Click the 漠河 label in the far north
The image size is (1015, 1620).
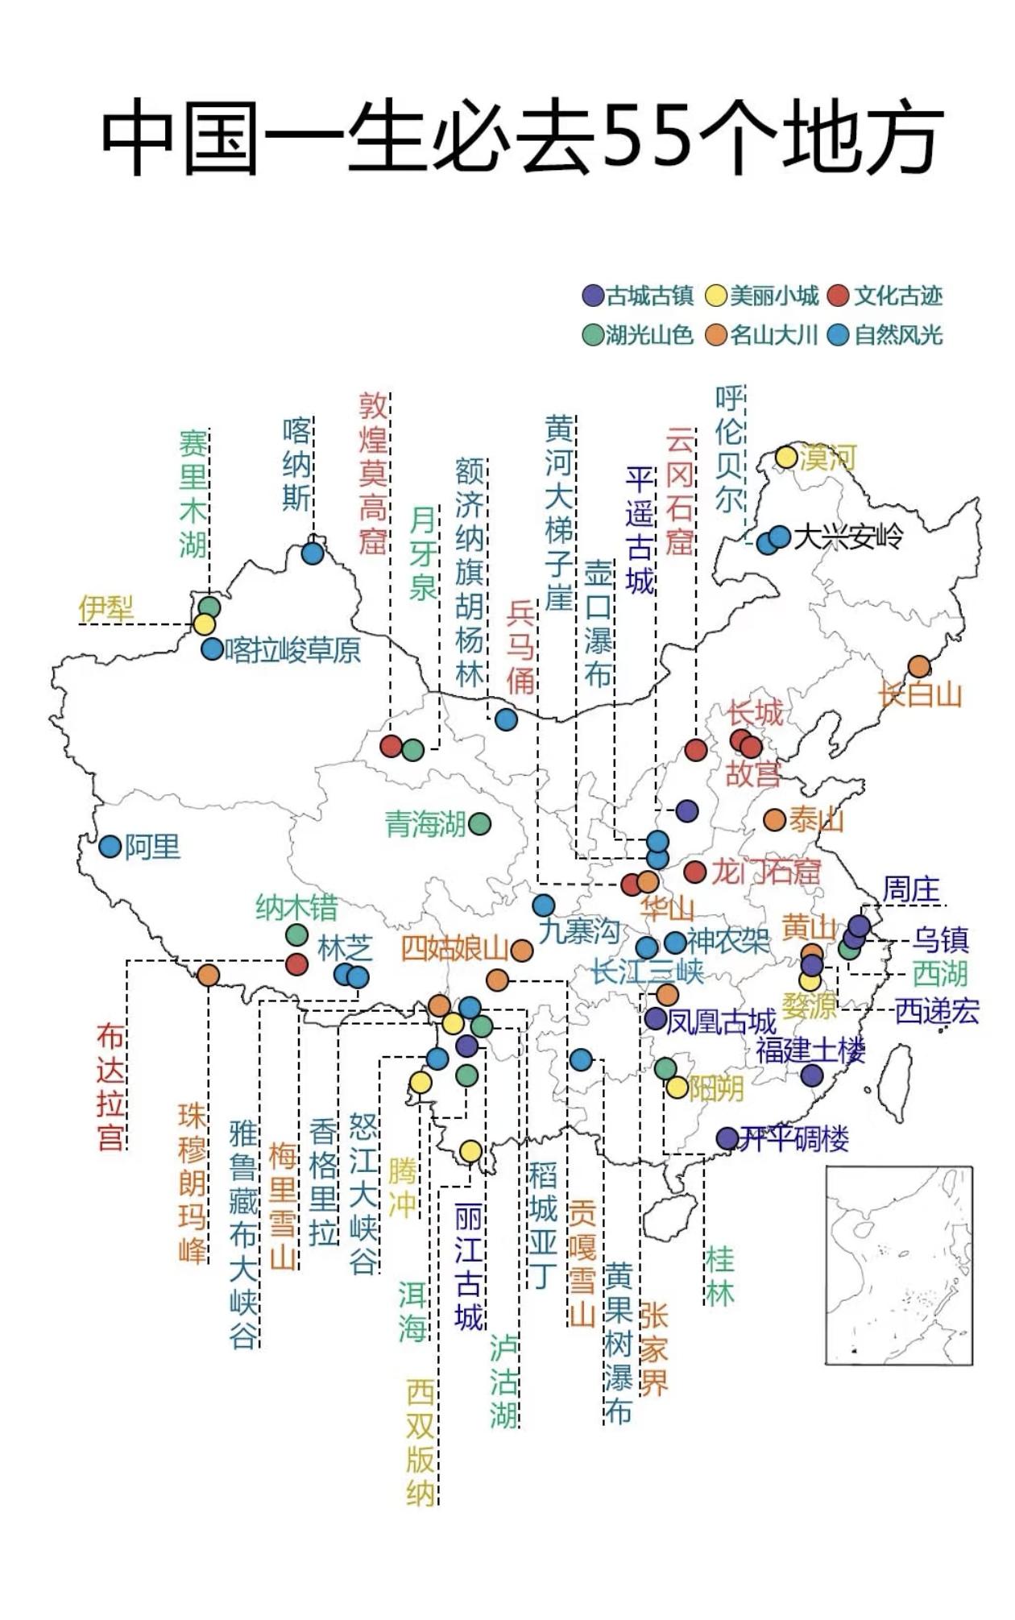pos(827,458)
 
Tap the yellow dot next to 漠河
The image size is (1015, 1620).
pos(786,457)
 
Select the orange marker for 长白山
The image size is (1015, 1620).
pos(919,666)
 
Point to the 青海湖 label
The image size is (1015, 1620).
pos(425,824)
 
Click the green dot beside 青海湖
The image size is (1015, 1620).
pos(479,823)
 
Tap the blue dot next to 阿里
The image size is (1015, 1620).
pos(110,847)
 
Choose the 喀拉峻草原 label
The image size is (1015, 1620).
pos(293,650)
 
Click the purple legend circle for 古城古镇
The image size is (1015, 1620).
pos(593,296)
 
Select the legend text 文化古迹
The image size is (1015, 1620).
pos(898,296)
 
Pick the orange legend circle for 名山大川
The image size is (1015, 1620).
pos(716,335)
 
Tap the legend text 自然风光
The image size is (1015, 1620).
pos(898,335)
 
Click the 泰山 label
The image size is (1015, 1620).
pos(816,820)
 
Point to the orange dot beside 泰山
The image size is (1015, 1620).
pos(774,820)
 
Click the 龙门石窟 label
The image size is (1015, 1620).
pos(765,872)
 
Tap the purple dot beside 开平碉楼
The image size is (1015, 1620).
pos(727,1137)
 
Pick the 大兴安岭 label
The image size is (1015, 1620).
pos(847,537)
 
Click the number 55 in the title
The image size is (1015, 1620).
pos(647,137)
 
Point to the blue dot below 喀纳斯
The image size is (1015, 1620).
pos(313,553)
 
